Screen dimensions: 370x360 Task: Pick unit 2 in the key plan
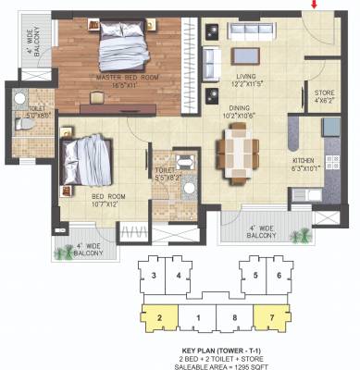pos(160,318)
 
